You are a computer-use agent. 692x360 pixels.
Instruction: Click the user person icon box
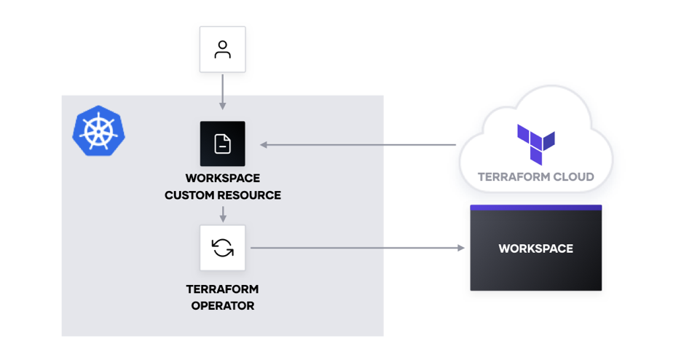coord(222,50)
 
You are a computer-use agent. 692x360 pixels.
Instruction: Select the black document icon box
coord(222,144)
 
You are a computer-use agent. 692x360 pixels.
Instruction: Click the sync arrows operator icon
coord(222,248)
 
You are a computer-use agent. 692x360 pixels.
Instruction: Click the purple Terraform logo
coord(535,144)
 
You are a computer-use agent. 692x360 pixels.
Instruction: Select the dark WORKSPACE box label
coord(535,249)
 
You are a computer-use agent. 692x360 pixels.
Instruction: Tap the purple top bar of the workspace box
coord(535,208)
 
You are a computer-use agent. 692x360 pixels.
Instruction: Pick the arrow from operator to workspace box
coord(357,249)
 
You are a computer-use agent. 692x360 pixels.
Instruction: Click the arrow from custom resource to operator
coord(222,214)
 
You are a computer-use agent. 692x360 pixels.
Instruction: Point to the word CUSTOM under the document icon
coord(189,195)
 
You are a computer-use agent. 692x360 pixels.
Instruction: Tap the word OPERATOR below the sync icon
coord(222,306)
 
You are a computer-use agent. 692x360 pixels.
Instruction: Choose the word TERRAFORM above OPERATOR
coord(222,289)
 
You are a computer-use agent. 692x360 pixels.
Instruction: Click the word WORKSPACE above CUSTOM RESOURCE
coord(222,178)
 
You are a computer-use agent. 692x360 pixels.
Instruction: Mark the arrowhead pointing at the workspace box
coord(460,249)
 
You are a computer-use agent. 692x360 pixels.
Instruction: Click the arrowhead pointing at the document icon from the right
coord(264,145)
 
